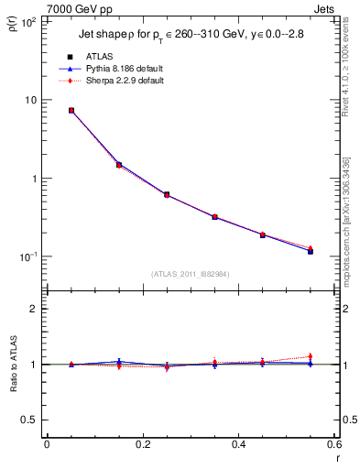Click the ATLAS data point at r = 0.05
[71, 111]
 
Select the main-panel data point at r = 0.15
[119, 165]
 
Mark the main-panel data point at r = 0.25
[167, 194]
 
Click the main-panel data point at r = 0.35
[214, 217]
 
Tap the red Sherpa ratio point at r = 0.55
[311, 356]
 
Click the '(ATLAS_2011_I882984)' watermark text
[191, 273]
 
